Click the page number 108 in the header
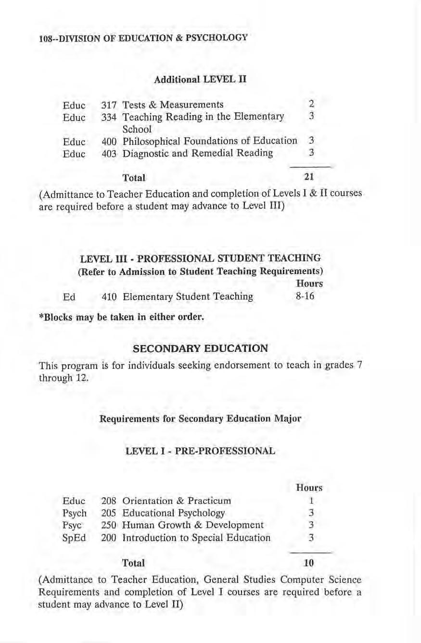point(45,38)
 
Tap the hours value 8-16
point(305,297)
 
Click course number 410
point(109,297)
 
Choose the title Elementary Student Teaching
point(188,297)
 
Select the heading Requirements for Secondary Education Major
point(200,418)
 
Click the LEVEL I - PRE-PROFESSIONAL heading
point(200,452)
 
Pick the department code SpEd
point(71,537)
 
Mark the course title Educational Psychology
point(174,512)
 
